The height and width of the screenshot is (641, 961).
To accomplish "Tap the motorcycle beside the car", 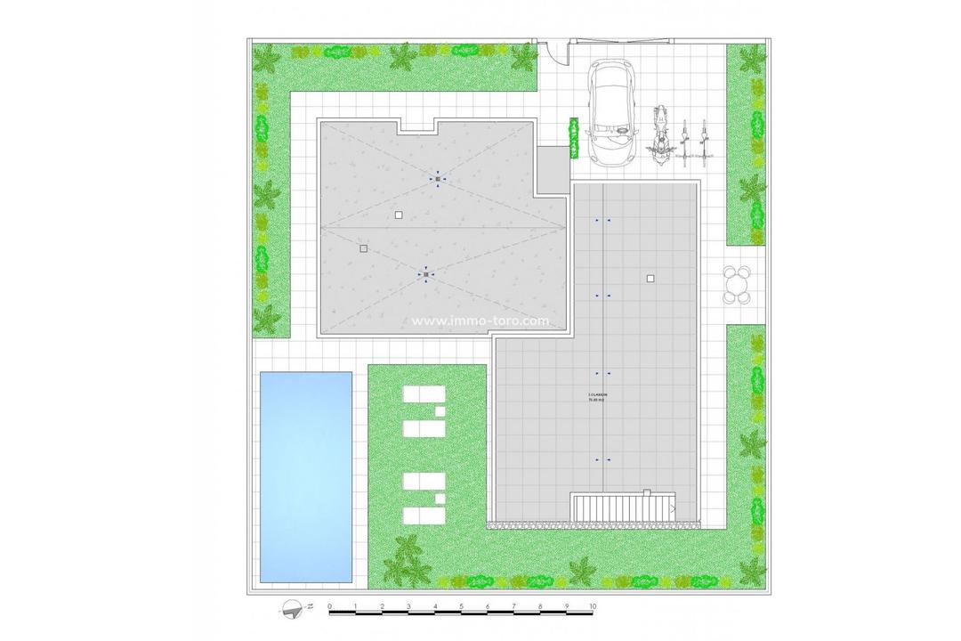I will [x=660, y=135].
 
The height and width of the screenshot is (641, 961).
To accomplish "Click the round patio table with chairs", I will [x=736, y=284].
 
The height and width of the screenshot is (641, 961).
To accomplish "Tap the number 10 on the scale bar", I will [x=593, y=606].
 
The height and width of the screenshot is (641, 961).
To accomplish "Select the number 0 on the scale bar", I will [x=330, y=606].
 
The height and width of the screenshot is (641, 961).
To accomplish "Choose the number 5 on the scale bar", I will [x=462, y=606].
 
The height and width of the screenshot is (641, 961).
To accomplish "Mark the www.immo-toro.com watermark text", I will [x=480, y=322].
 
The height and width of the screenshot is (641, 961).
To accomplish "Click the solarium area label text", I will [x=598, y=397].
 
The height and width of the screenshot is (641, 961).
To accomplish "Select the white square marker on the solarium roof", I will [x=650, y=279].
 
